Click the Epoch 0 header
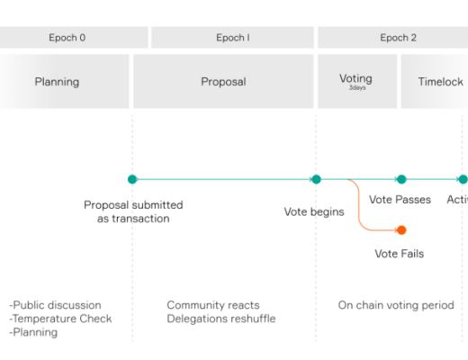[x=67, y=38]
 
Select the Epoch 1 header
[x=232, y=38]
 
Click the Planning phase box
[x=57, y=82]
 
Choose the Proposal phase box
[x=223, y=82]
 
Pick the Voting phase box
[x=356, y=79]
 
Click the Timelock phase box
[x=440, y=82]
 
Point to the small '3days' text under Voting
[x=357, y=88]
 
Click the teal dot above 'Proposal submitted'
[x=132, y=179]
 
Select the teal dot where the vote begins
[x=316, y=179]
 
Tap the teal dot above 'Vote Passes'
[x=401, y=179]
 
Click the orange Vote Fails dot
[x=401, y=229]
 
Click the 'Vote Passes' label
[x=400, y=200]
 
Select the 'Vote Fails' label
[x=399, y=254]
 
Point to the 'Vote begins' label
[x=314, y=212]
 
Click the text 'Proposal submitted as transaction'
[x=132, y=211]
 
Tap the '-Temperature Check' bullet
[x=60, y=319]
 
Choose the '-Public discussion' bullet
[x=55, y=305]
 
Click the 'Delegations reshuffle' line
[x=221, y=319]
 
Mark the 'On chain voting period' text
[x=396, y=305]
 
